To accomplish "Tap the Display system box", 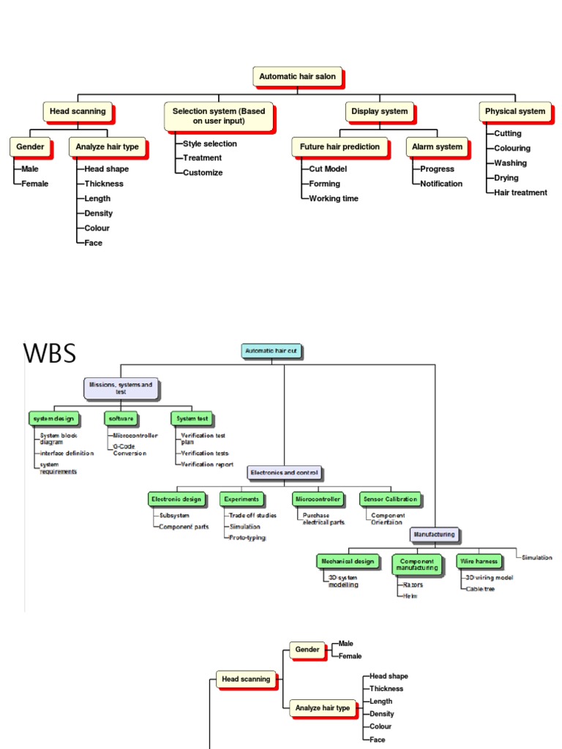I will pyautogui.click(x=379, y=111).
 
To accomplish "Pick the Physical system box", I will pyautogui.click(x=515, y=111).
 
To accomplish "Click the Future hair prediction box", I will pyautogui.click(x=340, y=146).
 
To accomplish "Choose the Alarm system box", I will pyautogui.click(x=437, y=146).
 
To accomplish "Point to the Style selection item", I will pyautogui.click(x=210, y=143).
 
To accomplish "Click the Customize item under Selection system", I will pyautogui.click(x=203, y=173).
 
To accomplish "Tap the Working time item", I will pyautogui.click(x=334, y=198).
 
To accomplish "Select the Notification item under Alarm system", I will pyautogui.click(x=441, y=184).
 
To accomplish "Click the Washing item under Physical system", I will pyautogui.click(x=510, y=163).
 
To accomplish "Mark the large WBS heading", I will pyautogui.click(x=49, y=353).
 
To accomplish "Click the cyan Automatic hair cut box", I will pyautogui.click(x=271, y=351).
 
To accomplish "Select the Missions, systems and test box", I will pyautogui.click(x=121, y=388).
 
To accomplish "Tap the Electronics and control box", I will pyautogui.click(x=285, y=473).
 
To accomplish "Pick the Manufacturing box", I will pyautogui.click(x=435, y=534).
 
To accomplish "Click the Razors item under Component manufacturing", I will pyautogui.click(x=413, y=584).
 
